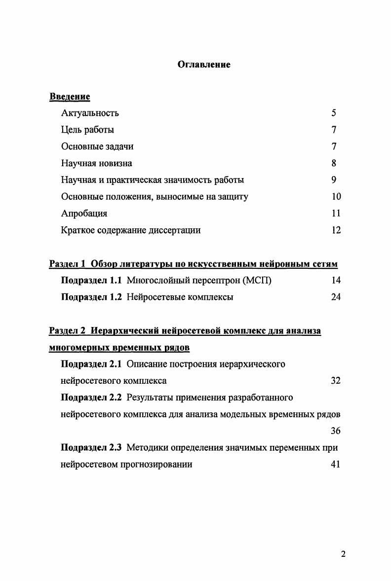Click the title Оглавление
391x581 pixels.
pyautogui.click(x=204, y=65)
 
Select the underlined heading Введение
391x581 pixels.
pyautogui.click(x=70, y=96)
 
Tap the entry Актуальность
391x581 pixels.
pyautogui.click(x=90, y=113)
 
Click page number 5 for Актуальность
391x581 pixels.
pyautogui.click(x=334, y=113)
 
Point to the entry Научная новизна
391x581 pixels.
pyautogui.click(x=97, y=163)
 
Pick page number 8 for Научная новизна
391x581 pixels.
pyautogui.click(x=334, y=163)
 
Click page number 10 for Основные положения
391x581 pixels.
pyautogui.click(x=336, y=197)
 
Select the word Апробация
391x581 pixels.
pyautogui.click(x=84, y=214)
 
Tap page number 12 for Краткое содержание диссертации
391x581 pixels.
pyautogui.click(x=336, y=230)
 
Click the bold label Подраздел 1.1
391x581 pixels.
pyautogui.click(x=91, y=281)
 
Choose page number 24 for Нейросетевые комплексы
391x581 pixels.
pyautogui.click(x=336, y=297)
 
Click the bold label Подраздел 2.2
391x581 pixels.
pyautogui.click(x=91, y=398)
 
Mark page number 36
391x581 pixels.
pyautogui.click(x=336, y=431)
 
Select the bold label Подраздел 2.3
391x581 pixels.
pyautogui.click(x=91, y=448)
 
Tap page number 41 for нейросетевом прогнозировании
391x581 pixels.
pyautogui.click(x=336, y=465)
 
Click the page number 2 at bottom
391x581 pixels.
pyautogui.click(x=343, y=553)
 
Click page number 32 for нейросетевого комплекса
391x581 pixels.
pyautogui.click(x=336, y=381)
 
